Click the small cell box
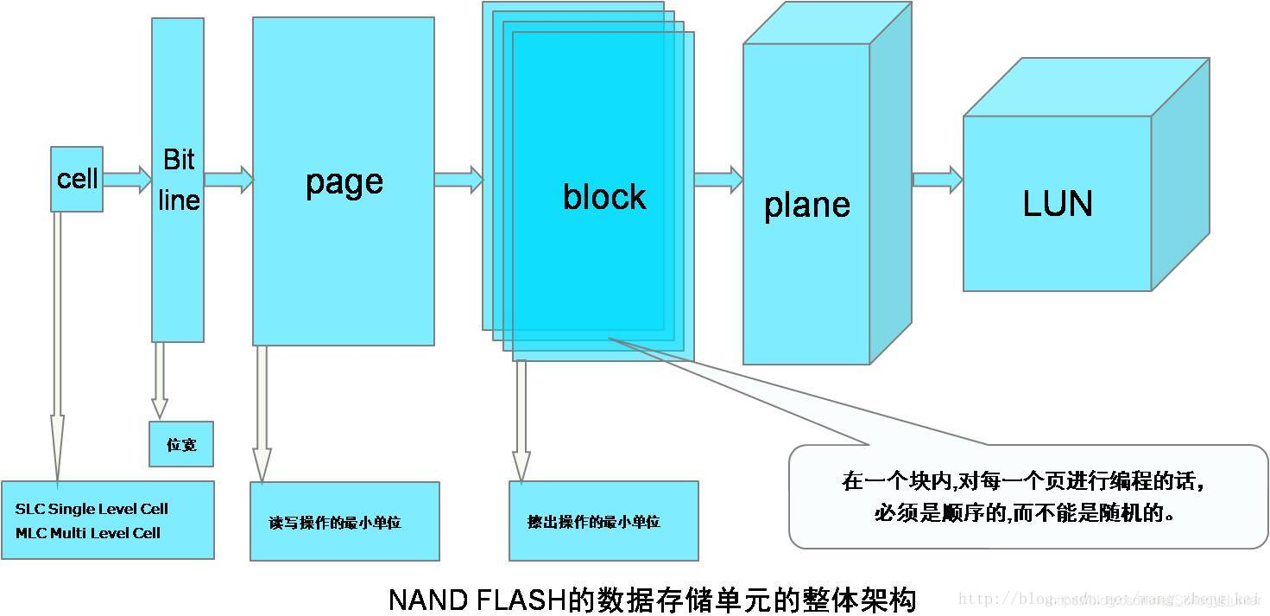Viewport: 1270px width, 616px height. (77, 179)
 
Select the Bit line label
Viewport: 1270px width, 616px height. (179, 180)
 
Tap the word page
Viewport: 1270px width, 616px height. (344, 181)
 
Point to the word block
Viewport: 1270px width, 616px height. (603, 197)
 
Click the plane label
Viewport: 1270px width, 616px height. (806, 205)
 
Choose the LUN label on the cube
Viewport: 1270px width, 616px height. (1057, 204)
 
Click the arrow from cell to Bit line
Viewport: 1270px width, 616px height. (127, 180)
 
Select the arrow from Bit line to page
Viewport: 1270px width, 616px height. (228, 180)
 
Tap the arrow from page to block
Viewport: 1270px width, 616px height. (458, 179)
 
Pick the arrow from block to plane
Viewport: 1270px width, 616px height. (717, 179)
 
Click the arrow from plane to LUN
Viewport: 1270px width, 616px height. (937, 179)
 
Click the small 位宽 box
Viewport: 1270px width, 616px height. (180, 444)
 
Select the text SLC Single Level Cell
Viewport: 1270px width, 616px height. (92, 509)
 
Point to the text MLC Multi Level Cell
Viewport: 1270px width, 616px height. (88, 533)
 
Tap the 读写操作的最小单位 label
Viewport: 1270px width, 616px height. (335, 523)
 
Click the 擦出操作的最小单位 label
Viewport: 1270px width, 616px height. (593, 522)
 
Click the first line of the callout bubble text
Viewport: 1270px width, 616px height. (1023, 481)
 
